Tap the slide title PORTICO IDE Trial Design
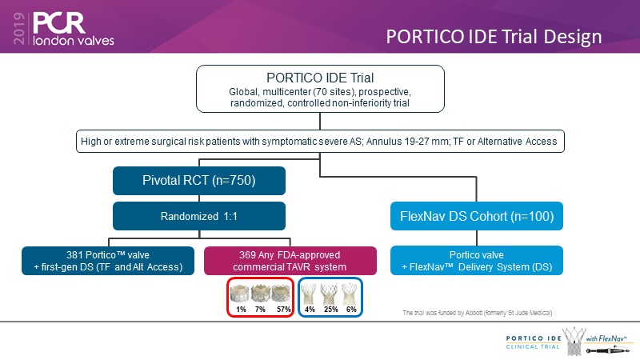coord(494,37)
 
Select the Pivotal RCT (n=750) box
coord(199,181)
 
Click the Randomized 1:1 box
coord(199,216)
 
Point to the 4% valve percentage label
coord(308,310)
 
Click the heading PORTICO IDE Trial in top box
coord(322,78)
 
